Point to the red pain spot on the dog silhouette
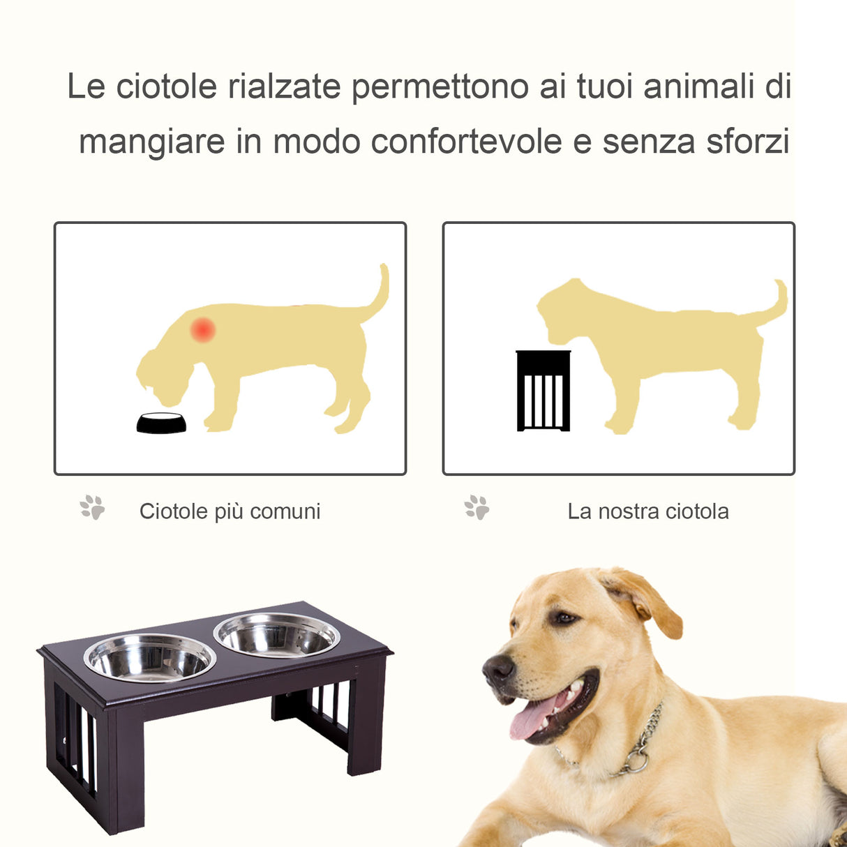[203, 329]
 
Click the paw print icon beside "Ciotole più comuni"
[92, 507]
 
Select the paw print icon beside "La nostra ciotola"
[477, 507]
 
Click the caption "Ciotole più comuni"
[230, 511]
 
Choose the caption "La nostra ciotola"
[647, 511]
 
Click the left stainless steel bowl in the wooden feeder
[150, 658]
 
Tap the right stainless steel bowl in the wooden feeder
[277, 635]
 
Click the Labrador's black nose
[498, 670]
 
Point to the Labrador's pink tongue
[532, 719]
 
